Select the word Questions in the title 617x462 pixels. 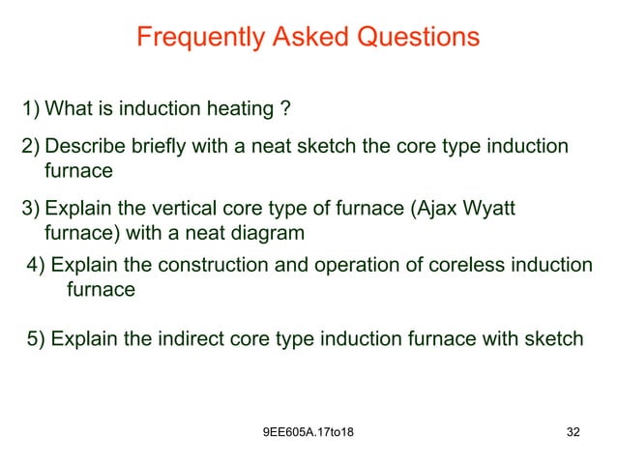coord(418,38)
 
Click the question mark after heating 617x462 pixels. coord(284,107)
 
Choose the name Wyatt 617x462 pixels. coord(503,209)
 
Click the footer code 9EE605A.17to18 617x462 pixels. coord(308,442)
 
